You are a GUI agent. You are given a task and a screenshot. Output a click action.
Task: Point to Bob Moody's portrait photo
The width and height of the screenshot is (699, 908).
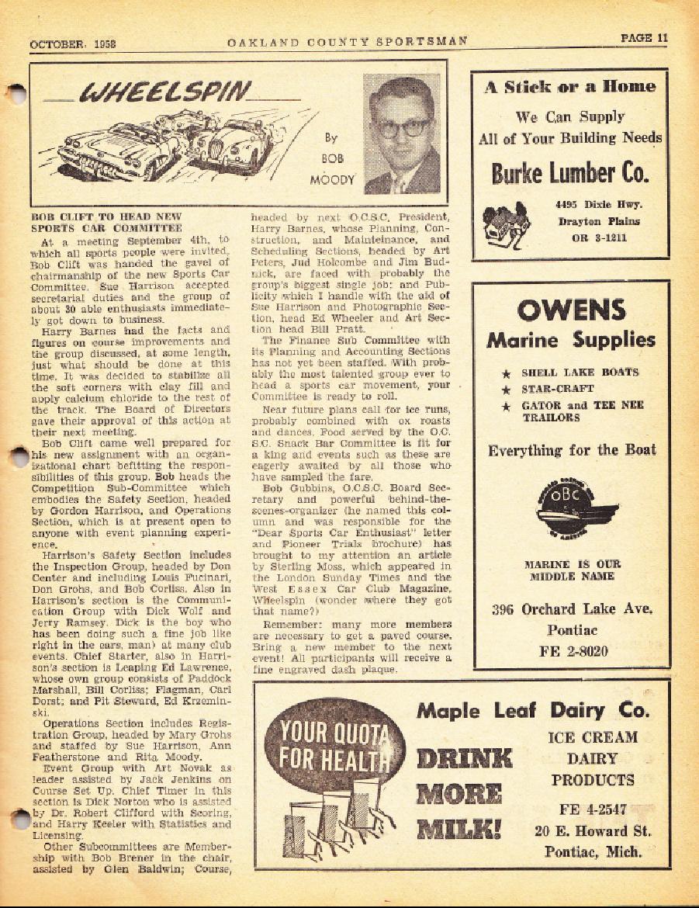pyautogui.click(x=401, y=134)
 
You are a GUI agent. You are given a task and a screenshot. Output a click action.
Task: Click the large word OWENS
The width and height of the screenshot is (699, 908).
pyautogui.click(x=570, y=310)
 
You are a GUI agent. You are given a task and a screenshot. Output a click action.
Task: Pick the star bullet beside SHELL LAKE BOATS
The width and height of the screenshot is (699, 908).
pyautogui.click(x=506, y=373)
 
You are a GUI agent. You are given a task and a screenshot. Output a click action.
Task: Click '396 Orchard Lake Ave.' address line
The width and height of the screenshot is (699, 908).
pyautogui.click(x=570, y=609)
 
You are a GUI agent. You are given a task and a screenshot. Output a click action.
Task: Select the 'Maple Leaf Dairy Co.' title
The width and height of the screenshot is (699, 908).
pyautogui.click(x=532, y=709)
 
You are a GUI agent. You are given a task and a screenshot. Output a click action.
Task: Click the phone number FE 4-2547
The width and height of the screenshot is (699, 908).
pyautogui.click(x=593, y=809)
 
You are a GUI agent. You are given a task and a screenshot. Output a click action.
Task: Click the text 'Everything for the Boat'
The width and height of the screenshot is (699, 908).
pyautogui.click(x=570, y=451)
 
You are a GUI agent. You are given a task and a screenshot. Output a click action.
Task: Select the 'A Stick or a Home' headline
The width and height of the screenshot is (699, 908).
pyautogui.click(x=570, y=87)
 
